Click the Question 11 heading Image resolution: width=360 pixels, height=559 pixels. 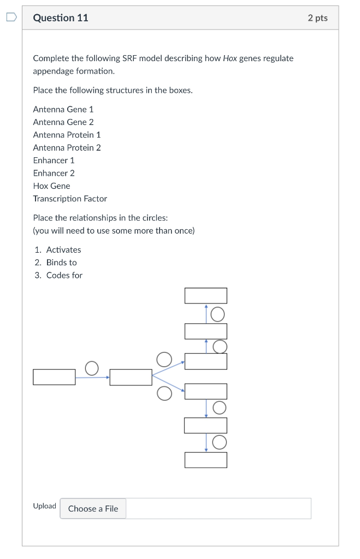coord(61,18)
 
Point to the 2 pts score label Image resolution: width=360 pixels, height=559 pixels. coord(317,18)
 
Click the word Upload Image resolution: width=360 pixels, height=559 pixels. coord(44,506)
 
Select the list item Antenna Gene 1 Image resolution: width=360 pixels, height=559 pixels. coord(63,109)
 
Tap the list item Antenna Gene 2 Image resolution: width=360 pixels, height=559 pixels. coord(63,122)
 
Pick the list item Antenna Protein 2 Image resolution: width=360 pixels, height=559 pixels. coord(67,147)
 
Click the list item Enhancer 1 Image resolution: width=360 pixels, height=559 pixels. coord(54,160)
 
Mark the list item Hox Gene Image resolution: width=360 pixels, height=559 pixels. coord(51,186)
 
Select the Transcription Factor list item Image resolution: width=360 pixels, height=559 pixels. coord(70,199)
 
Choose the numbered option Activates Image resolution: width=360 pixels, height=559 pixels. coord(63,249)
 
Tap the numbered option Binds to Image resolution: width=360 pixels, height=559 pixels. coord(61,263)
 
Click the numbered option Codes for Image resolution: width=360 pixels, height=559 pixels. coord(64,275)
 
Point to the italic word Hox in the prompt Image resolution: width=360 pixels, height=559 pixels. coord(230,58)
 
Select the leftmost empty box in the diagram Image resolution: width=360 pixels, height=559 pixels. coord(54,377)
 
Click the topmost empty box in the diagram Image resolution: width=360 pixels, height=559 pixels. coord(205,295)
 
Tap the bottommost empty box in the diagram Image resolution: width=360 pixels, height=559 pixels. coord(205,460)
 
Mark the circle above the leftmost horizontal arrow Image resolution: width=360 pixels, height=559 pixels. coord(92,368)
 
